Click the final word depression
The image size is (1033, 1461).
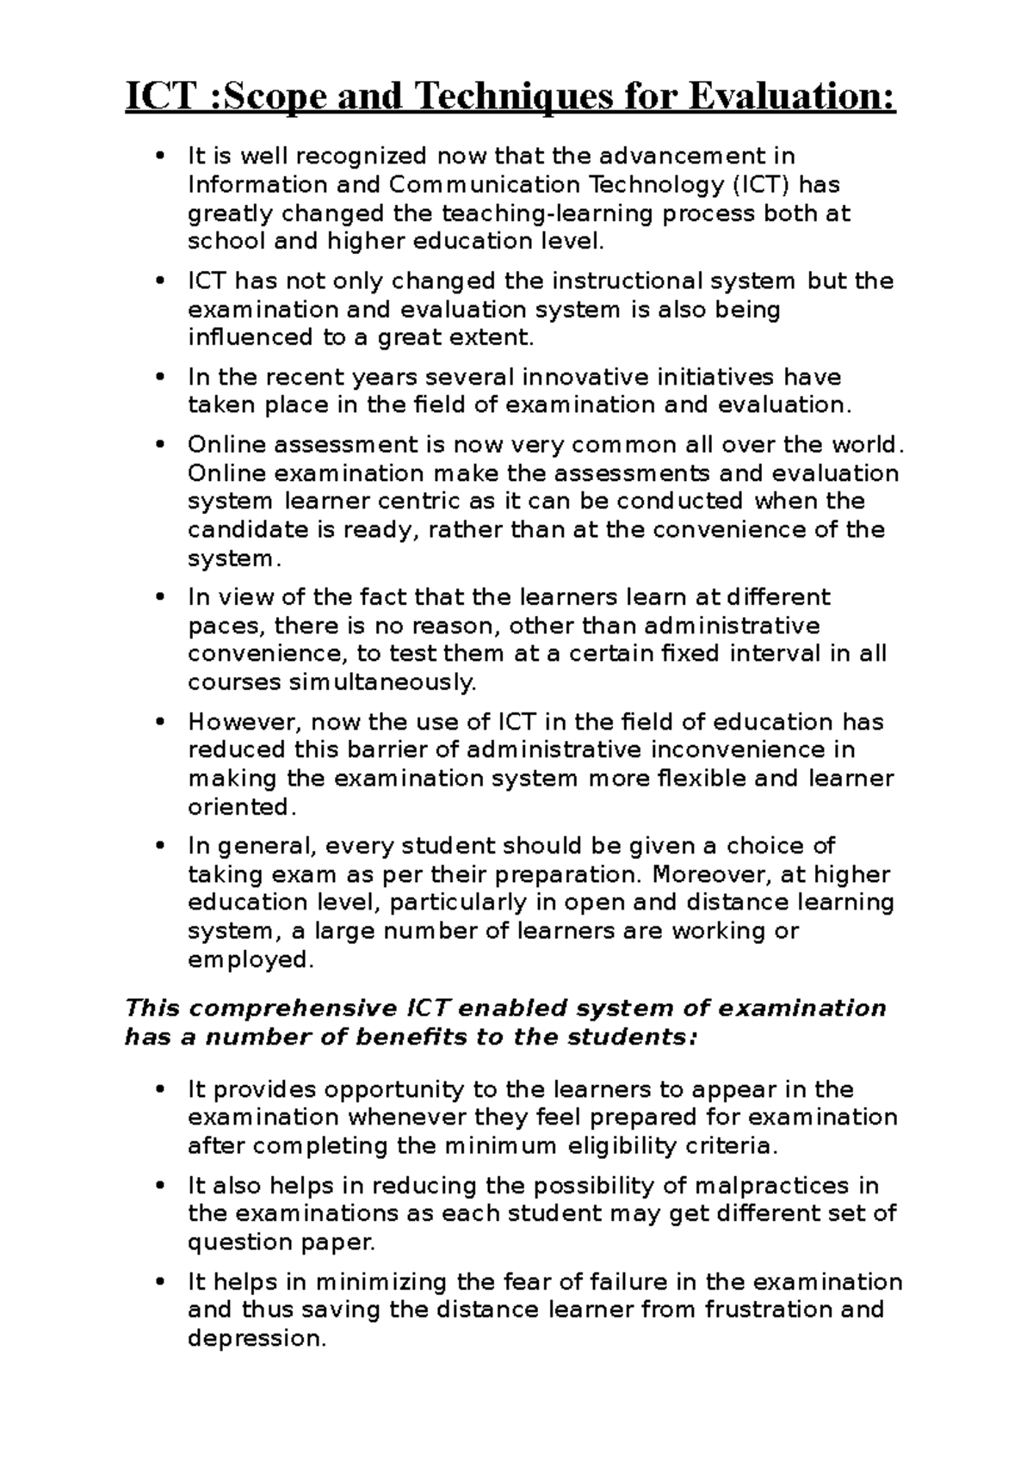click(257, 1339)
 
